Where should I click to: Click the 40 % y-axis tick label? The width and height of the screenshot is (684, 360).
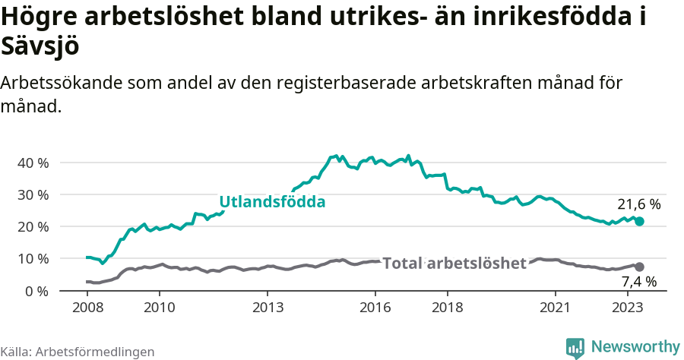(x=32, y=163)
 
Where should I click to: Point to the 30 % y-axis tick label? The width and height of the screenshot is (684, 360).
(x=32, y=194)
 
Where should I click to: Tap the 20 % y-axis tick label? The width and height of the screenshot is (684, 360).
(x=32, y=226)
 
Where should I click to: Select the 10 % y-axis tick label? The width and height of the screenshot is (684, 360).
(x=32, y=258)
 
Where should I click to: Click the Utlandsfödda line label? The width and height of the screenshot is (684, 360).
(x=272, y=202)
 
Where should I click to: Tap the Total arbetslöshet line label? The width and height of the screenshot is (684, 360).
(x=454, y=264)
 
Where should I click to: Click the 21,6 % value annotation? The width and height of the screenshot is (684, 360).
(x=638, y=204)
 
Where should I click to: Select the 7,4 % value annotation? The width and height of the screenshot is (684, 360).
(x=636, y=282)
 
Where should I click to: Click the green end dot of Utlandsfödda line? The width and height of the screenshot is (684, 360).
(x=639, y=221)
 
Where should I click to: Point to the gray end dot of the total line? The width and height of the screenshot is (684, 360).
(x=639, y=267)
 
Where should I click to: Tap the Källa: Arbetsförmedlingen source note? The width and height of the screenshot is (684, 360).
(x=78, y=352)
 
